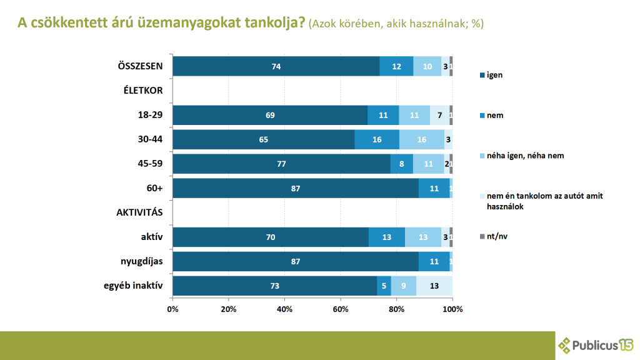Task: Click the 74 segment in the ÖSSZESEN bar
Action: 276,66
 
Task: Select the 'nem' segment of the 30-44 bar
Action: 377,139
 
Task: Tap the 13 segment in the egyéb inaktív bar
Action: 434,286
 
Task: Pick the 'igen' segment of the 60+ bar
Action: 295,188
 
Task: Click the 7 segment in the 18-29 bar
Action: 439,116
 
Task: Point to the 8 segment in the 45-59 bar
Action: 402,164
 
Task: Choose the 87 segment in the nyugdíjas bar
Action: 295,261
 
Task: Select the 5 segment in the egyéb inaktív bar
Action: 384,286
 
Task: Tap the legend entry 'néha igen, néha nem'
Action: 525,156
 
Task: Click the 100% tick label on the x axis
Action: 452,309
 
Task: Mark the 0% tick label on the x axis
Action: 173,309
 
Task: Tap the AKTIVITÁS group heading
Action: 139,212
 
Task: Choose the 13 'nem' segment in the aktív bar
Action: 387,237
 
